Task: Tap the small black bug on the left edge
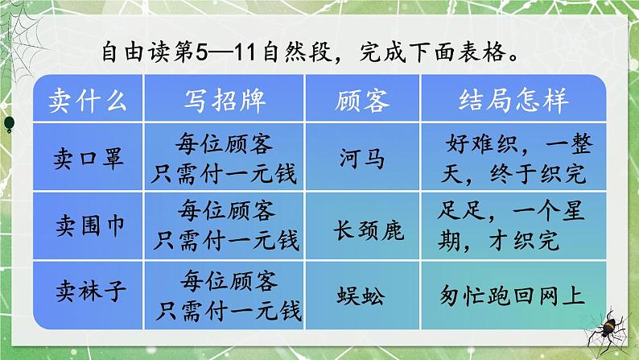click(x=8, y=122)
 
